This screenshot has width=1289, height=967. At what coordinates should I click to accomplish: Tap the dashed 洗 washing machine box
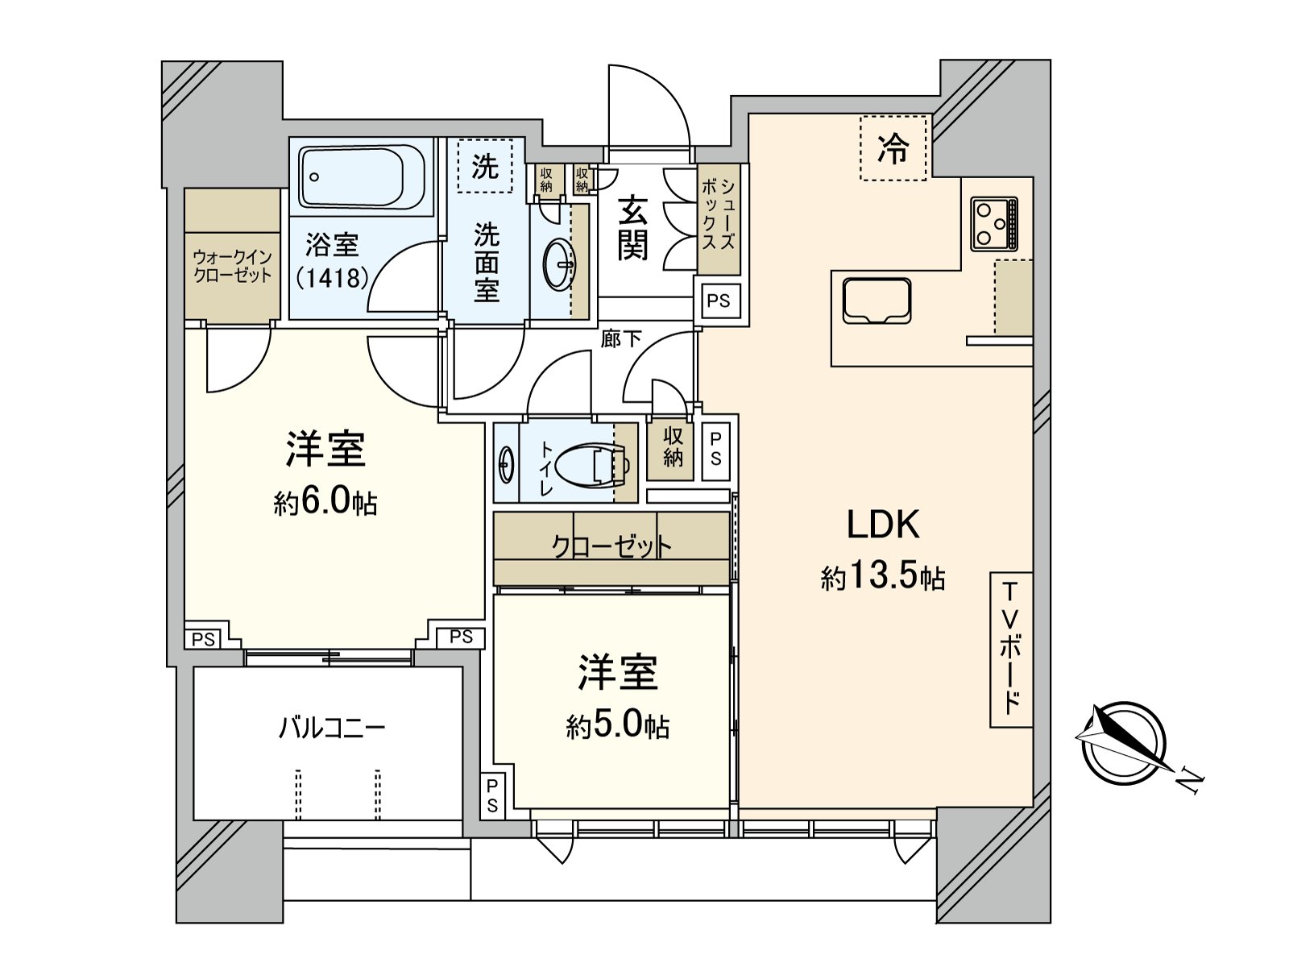485,167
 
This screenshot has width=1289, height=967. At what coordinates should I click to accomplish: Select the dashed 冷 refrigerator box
893,148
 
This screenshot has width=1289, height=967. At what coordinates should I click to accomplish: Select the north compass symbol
1124,742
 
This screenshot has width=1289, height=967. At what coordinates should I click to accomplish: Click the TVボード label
1011,648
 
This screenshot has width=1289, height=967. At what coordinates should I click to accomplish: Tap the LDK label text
883,525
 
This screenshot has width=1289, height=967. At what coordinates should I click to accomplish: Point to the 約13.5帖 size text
883,578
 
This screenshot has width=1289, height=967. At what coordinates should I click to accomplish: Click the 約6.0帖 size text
325,504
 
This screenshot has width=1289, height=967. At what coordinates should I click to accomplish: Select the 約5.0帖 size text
617,727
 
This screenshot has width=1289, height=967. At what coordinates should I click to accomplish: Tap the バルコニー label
332,728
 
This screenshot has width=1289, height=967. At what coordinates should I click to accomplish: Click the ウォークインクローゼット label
232,266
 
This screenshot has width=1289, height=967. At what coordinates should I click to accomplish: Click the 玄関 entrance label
633,229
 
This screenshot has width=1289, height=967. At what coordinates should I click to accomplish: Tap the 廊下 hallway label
621,339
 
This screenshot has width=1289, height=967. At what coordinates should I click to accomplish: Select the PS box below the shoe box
719,301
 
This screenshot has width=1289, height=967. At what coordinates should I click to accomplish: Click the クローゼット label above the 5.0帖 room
611,546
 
